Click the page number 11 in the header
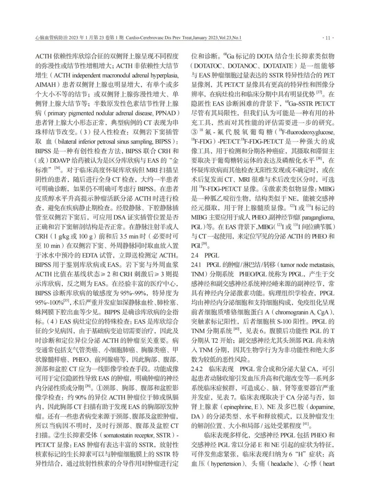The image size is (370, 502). tap(328, 38)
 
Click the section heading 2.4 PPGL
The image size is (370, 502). tap(205, 255)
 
